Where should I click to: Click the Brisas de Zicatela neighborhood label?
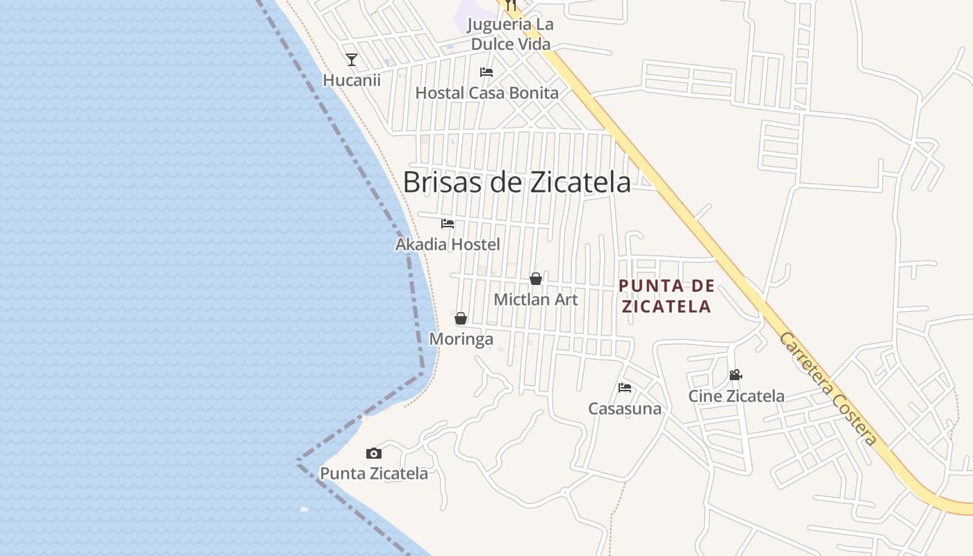516,182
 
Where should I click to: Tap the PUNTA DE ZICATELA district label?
667,296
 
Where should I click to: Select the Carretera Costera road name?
827,389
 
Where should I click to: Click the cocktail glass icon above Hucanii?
352,60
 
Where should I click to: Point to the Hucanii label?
352,81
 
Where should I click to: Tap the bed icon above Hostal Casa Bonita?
486,72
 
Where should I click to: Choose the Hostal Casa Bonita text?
486,93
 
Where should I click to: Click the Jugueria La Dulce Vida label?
511,34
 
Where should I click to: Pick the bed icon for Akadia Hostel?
448,224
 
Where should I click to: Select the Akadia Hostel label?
448,245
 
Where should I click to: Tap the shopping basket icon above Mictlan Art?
536,279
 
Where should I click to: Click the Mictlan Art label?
536,300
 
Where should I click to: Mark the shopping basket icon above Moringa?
461,318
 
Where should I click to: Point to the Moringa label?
461,339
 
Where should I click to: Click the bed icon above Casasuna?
625,388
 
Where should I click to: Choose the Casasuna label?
625,409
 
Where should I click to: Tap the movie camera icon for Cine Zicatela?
735,375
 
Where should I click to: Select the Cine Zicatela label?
736,396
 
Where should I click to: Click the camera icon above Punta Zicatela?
374,453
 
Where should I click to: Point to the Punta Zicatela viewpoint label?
374,474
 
